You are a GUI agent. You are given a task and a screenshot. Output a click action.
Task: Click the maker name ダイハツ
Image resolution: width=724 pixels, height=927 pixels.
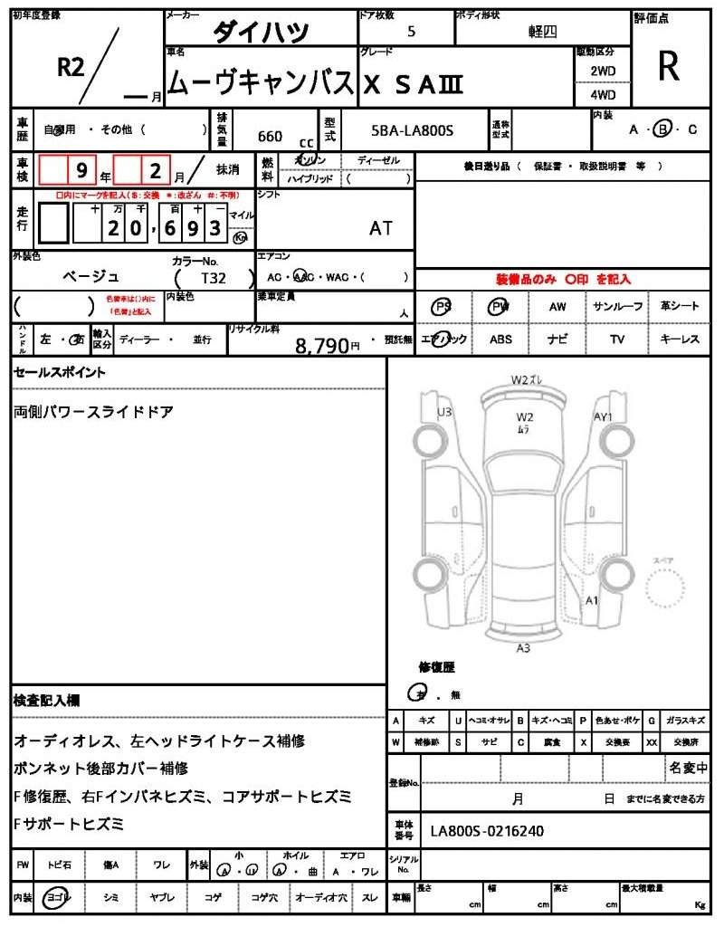click(261, 33)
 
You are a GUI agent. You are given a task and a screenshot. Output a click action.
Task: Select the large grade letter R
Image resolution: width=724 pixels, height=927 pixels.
click(669, 66)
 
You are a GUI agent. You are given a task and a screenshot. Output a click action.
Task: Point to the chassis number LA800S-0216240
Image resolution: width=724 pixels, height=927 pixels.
click(487, 830)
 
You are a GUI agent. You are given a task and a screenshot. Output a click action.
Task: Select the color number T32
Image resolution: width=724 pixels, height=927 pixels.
click(214, 279)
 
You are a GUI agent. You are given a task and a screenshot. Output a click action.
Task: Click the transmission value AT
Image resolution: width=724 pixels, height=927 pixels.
click(381, 228)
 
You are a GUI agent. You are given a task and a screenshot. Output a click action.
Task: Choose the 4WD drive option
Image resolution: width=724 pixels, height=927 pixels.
click(603, 94)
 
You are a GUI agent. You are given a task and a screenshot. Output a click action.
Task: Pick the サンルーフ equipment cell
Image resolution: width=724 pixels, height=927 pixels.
click(618, 307)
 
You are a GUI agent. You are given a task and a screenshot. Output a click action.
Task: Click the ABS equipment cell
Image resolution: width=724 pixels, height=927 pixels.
click(500, 339)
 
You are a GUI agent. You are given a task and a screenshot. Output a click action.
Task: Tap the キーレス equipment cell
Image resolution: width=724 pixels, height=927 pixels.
click(679, 339)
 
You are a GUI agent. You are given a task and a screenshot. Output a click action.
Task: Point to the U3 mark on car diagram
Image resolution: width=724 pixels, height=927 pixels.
click(444, 412)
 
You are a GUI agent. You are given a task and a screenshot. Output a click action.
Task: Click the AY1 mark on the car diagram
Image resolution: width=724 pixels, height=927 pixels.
click(603, 417)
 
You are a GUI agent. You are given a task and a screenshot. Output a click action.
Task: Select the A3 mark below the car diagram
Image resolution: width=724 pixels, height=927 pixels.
click(523, 648)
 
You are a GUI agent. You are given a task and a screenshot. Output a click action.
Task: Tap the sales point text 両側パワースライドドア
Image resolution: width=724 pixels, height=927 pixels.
click(94, 412)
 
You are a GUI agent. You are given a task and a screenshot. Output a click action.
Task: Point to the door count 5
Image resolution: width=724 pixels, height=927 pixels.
click(412, 32)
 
